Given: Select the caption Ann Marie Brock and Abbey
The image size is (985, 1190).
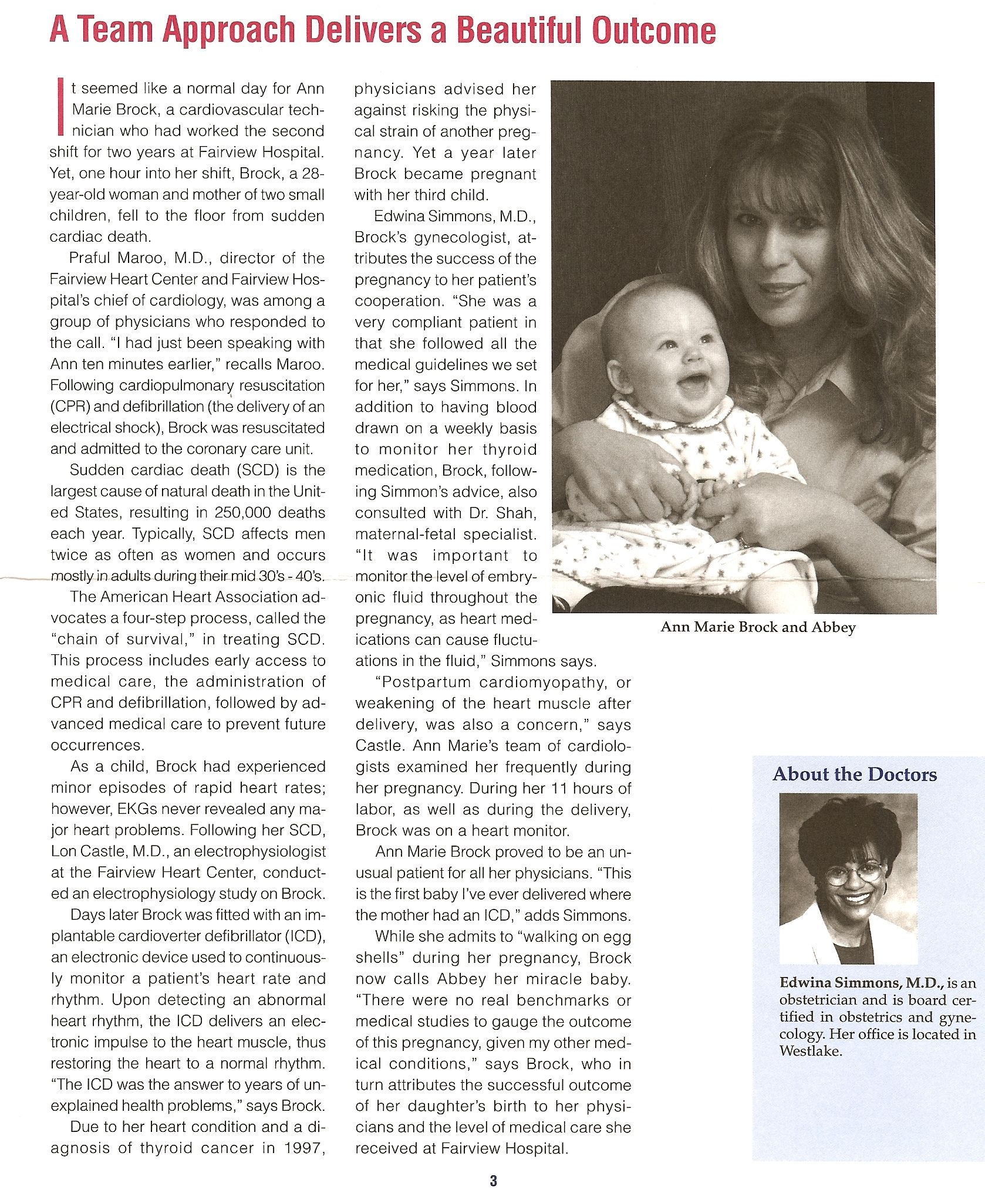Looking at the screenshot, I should [758, 627].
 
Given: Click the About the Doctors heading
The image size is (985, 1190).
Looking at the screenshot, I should [854, 774].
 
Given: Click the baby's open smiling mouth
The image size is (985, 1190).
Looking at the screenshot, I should [694, 386].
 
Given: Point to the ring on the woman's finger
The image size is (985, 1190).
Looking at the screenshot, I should [744, 541].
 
